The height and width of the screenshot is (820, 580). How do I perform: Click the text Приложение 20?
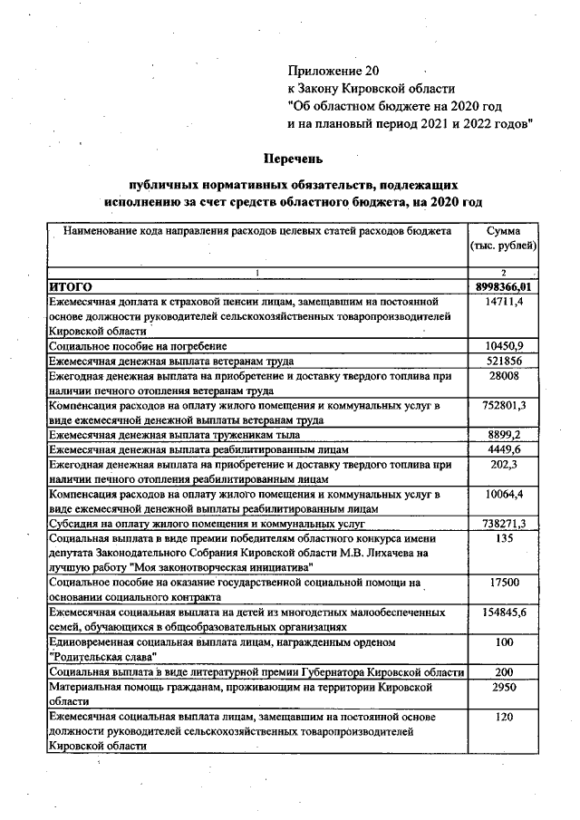pyautogui.click(x=332, y=70)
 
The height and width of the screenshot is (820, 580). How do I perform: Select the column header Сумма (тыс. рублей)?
pyautogui.click(x=503, y=238)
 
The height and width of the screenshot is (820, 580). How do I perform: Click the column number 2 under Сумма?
pyautogui.click(x=503, y=273)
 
